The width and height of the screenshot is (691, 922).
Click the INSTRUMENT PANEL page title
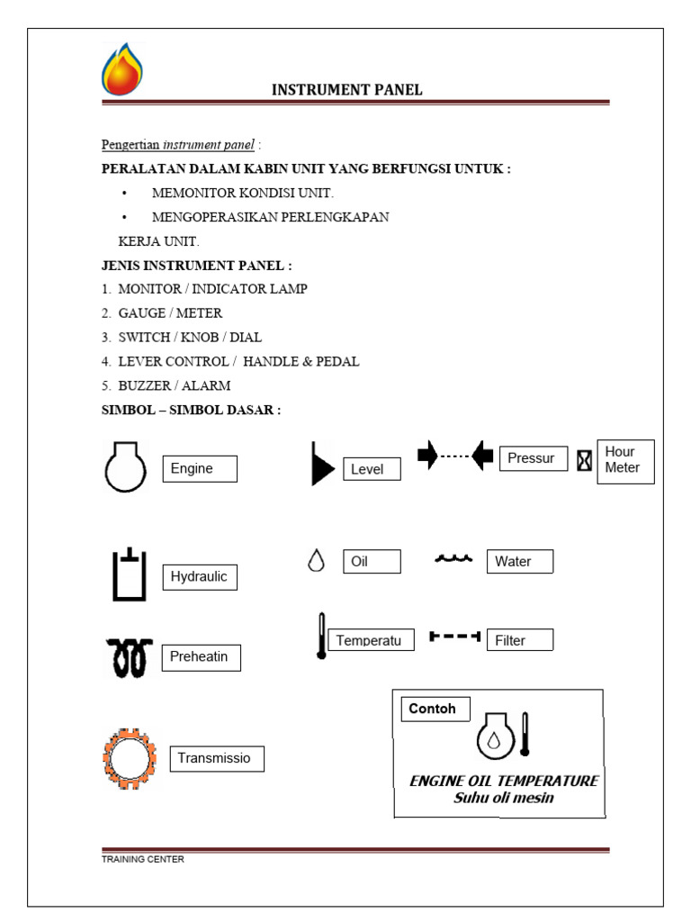347,89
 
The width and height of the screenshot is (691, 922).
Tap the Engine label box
199,468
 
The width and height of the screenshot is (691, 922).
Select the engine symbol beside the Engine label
125,467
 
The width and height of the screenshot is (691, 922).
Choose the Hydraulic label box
200,576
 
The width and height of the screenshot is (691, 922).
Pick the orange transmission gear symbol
129,758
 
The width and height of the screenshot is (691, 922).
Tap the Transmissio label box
217,758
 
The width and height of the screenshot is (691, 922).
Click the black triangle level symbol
321,465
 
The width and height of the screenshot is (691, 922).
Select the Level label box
372,469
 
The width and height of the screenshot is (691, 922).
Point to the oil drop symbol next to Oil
316,561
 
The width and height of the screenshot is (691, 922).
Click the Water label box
519,561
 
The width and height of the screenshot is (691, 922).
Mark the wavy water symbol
453,559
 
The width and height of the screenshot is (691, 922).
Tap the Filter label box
519,640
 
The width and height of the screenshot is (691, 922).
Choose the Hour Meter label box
625,460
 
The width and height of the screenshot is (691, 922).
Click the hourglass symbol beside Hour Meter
585,460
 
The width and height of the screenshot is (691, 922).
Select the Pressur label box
533,457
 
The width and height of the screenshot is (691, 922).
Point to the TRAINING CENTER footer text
142,859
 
